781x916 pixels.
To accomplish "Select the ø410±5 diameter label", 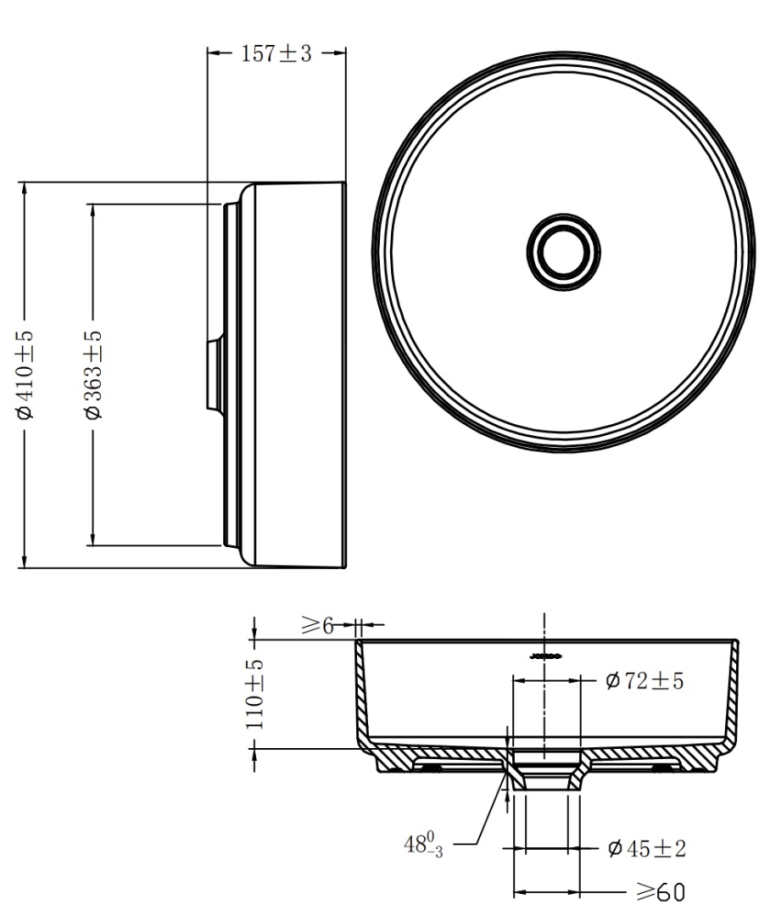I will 25,374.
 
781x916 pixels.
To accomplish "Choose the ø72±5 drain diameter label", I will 644,681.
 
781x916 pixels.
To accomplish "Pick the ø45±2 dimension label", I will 646,847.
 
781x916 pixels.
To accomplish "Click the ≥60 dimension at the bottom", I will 659,892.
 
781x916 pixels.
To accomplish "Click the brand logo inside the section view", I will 544,655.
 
